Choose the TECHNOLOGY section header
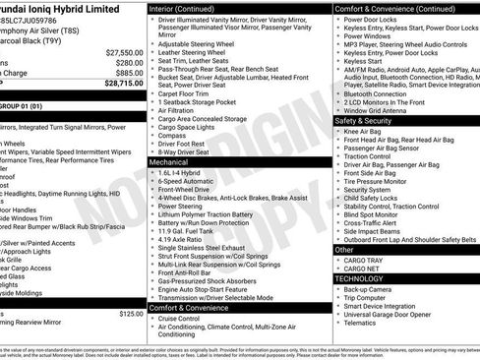point(360,277)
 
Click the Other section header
point(345,249)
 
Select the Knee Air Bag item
point(363,131)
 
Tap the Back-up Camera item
point(370,288)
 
